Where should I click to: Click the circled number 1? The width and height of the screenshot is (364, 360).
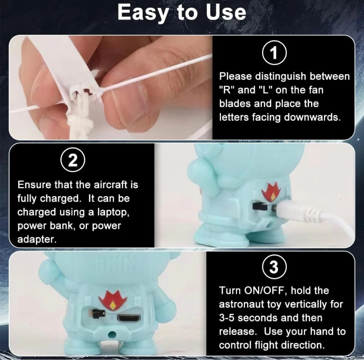(x=274, y=52)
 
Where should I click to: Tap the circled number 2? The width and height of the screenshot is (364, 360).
(x=73, y=160)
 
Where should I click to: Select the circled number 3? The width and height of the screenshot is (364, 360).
(x=274, y=267)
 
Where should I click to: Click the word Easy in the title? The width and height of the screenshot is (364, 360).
(x=143, y=13)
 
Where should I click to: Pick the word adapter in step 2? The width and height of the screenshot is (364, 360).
(x=37, y=240)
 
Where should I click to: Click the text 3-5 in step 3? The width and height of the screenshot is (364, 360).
(x=227, y=318)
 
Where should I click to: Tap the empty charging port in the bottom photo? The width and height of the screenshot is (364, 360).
(x=129, y=318)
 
